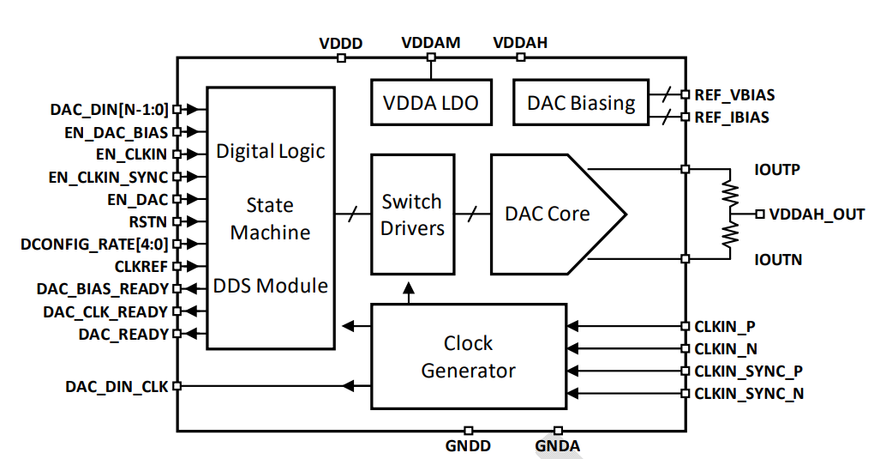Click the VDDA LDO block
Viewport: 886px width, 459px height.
pyautogui.click(x=430, y=104)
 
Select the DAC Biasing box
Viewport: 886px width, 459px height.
pyautogui.click(x=581, y=104)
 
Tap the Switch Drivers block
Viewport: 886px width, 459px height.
pyautogui.click(x=412, y=214)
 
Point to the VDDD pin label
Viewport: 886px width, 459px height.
pyautogui.click(x=341, y=43)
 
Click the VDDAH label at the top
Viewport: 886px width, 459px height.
pyautogui.click(x=521, y=43)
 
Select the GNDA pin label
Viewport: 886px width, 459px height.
pyautogui.click(x=558, y=446)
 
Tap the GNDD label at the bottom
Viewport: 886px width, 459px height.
pyautogui.click(x=468, y=446)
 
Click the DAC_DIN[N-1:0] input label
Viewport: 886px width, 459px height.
pyautogui.click(x=110, y=109)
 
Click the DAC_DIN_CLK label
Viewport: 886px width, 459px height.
pyautogui.click(x=117, y=387)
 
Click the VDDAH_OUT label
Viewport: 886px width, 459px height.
pyautogui.click(x=816, y=214)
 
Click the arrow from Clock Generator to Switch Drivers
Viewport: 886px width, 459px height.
pyautogui.click(x=409, y=293)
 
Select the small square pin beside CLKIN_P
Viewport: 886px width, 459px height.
pyautogui.click(x=685, y=327)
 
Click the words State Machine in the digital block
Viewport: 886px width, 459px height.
pyautogui.click(x=270, y=219)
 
